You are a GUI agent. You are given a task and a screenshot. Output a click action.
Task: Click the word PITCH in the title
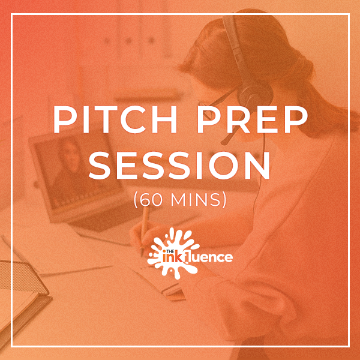[115, 119]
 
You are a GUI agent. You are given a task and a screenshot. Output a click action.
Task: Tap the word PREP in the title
[252, 119]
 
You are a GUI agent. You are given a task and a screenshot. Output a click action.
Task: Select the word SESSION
[180, 166]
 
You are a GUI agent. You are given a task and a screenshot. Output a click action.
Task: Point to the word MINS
[196, 200]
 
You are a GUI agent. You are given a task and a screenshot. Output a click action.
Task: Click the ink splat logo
[174, 253]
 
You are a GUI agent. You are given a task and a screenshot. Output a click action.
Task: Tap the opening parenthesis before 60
[136, 200]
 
